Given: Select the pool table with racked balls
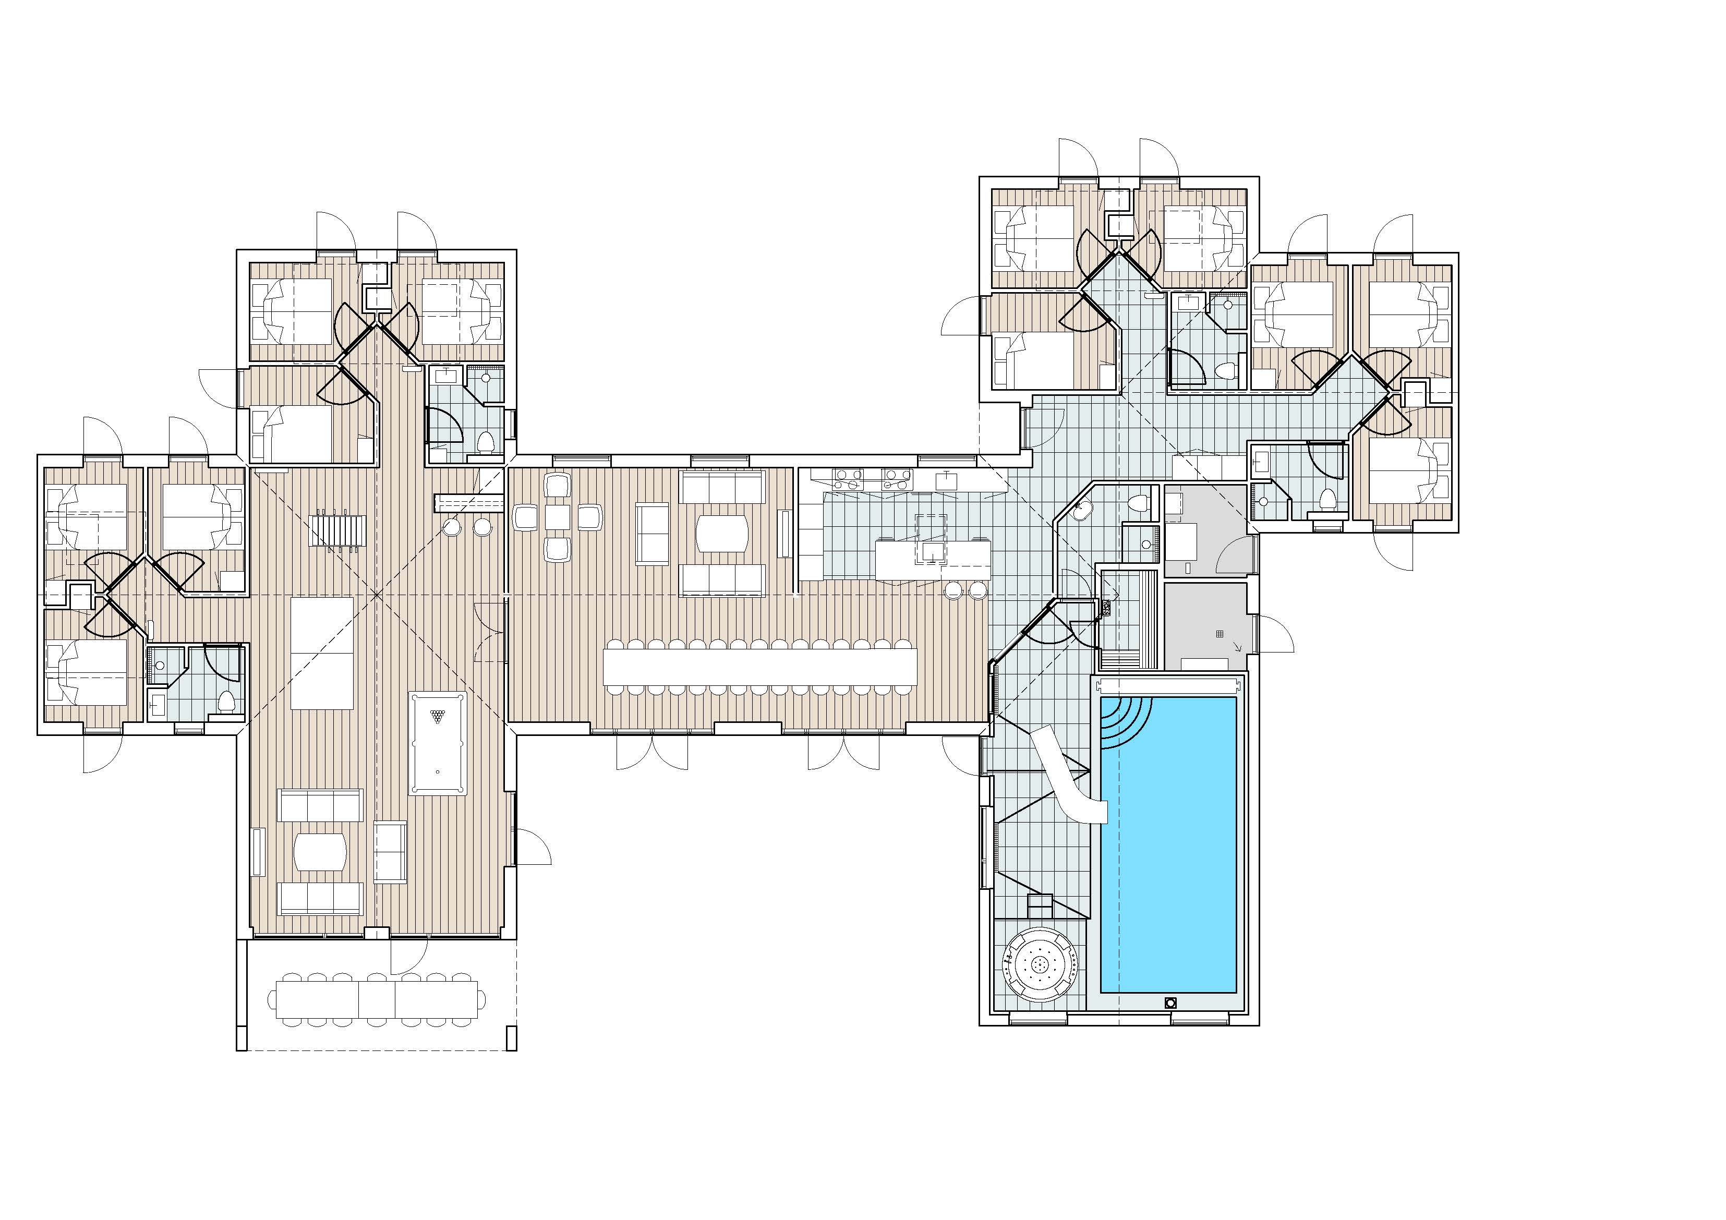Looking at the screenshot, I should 438,743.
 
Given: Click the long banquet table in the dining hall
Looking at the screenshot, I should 760,666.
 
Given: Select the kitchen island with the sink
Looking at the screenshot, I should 932,560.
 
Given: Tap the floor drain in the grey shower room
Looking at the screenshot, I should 1220,634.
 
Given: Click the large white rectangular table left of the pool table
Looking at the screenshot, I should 322,653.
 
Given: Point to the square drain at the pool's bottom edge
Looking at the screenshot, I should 1170,1002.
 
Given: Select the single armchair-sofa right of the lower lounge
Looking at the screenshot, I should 390,852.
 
